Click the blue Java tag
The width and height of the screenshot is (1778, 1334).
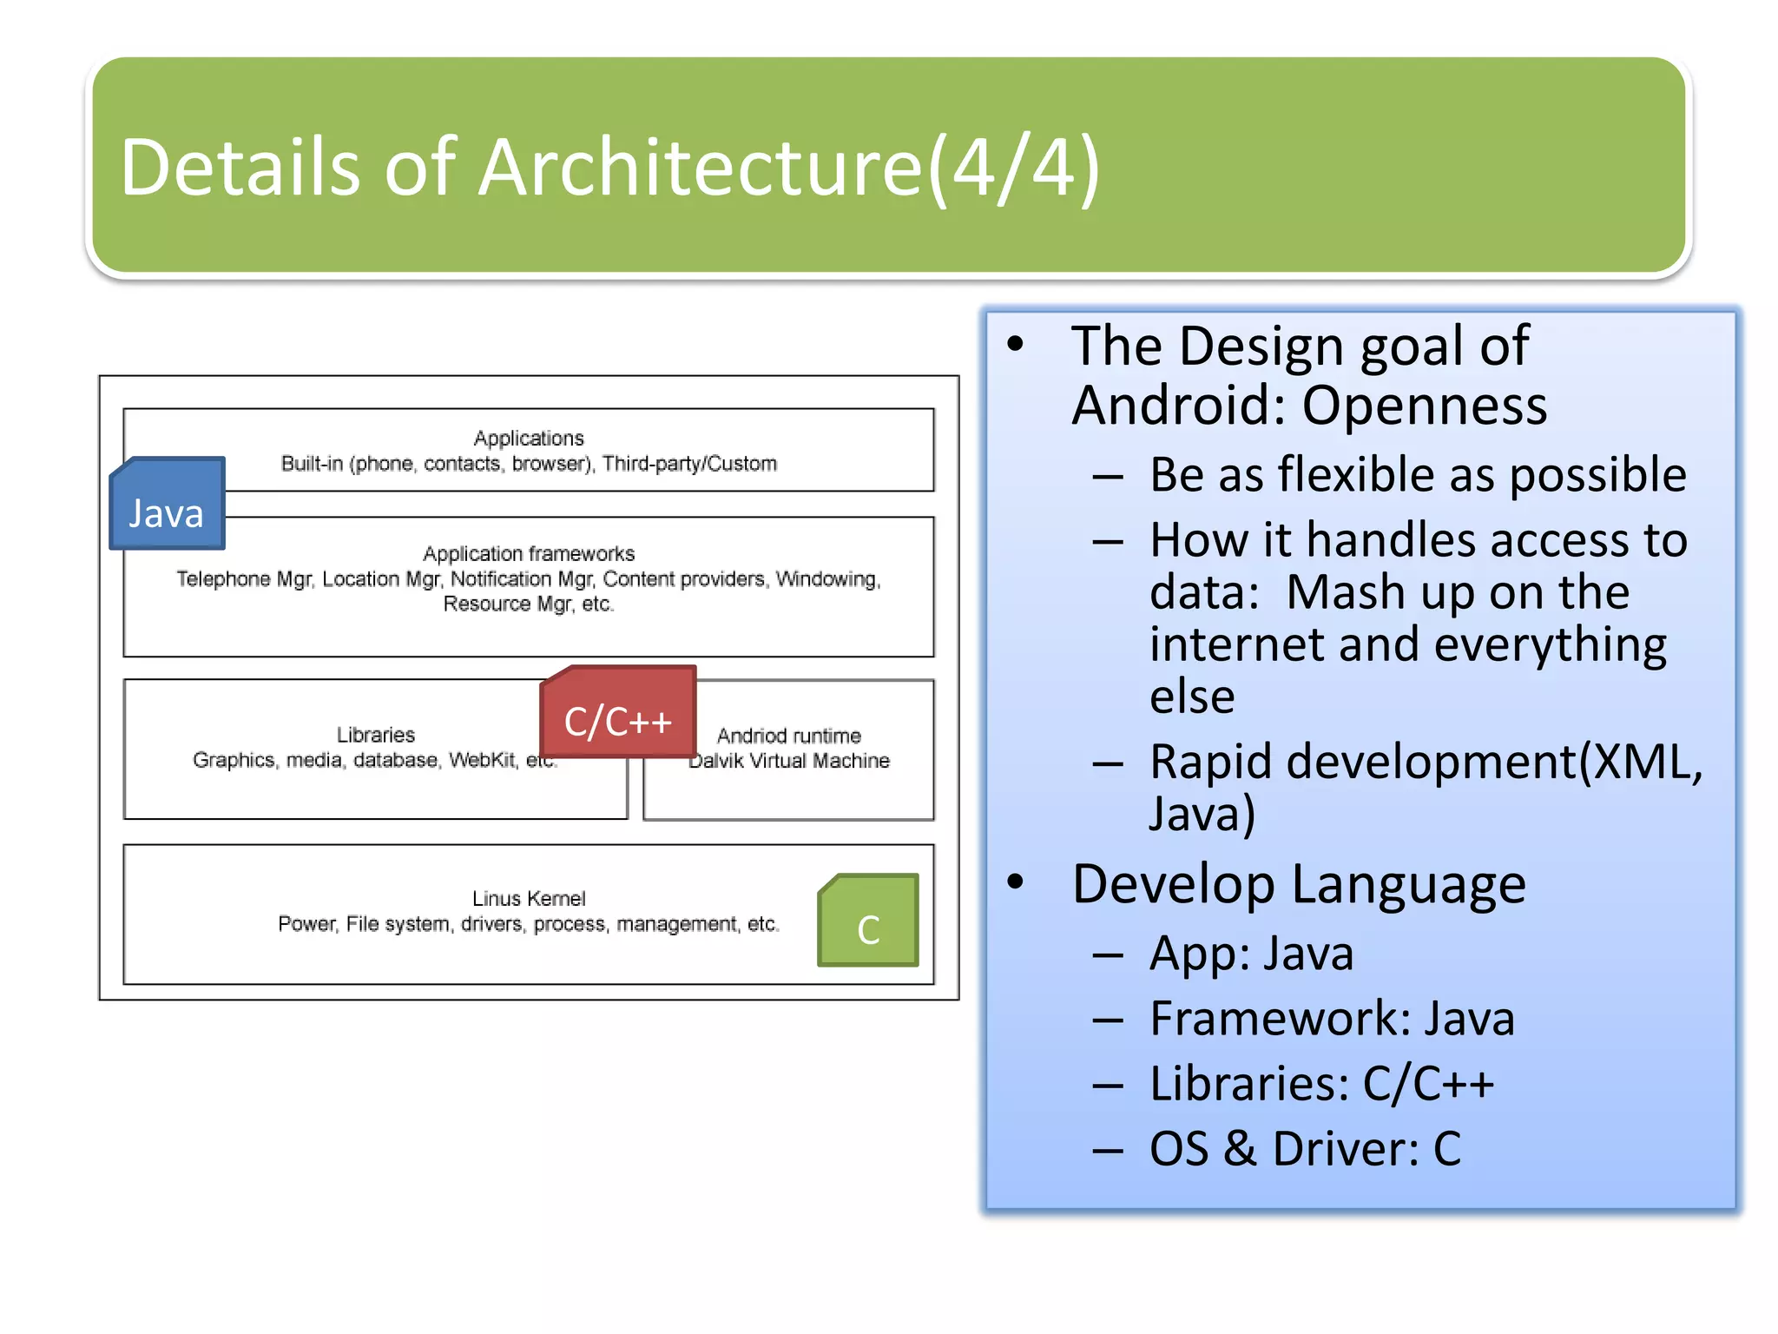tap(167, 505)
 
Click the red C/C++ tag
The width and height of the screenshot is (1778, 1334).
tap(618, 713)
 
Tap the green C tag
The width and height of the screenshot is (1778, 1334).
tap(868, 921)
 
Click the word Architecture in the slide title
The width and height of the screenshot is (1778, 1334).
tap(700, 167)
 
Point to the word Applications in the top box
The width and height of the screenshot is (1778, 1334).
tap(529, 438)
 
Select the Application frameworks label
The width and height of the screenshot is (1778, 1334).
tap(529, 553)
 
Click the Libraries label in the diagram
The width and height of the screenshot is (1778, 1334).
tap(376, 735)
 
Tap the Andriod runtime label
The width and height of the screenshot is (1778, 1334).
tap(788, 736)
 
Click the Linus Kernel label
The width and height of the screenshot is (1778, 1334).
tap(529, 898)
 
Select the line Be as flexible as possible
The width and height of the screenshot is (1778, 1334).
tap(1417, 475)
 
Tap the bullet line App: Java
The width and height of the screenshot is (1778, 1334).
tap(1251, 954)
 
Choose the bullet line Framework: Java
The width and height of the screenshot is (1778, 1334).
tap(1332, 1019)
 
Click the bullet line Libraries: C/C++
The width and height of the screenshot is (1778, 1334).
tap(1321, 1084)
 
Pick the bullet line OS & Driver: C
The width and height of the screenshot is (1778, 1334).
tap(1305, 1149)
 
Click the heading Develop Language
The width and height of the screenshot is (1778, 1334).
tap(1298, 884)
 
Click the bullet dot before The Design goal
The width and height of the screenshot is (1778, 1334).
tap(1015, 344)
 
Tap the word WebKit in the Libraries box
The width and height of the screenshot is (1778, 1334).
tap(482, 760)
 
